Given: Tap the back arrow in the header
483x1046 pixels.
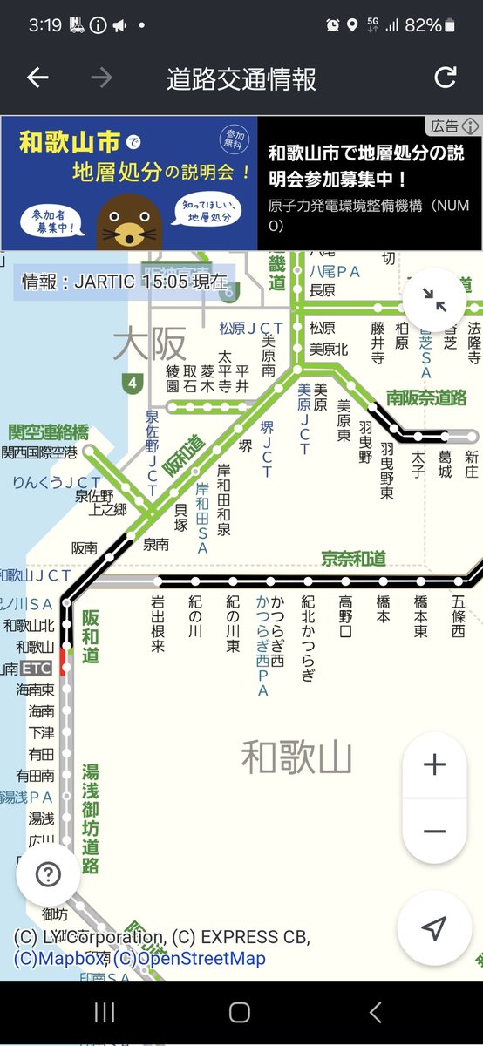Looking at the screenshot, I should click(37, 78).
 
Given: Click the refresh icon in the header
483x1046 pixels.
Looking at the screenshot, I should click(446, 78).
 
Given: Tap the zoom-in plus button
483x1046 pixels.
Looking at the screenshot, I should click(434, 765).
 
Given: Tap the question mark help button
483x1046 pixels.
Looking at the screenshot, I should click(48, 874).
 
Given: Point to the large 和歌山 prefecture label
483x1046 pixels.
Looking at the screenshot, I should click(296, 757).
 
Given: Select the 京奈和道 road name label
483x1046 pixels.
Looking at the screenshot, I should click(353, 558).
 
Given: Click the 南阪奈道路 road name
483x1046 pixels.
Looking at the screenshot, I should click(427, 397).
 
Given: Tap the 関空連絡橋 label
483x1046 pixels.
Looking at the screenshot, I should click(49, 432).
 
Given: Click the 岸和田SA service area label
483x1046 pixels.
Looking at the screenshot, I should click(202, 519).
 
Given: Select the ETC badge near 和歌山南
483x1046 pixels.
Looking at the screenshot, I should click(37, 669).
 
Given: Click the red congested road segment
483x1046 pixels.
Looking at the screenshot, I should click(65, 667).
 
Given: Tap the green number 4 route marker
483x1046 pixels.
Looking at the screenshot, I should click(132, 382).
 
